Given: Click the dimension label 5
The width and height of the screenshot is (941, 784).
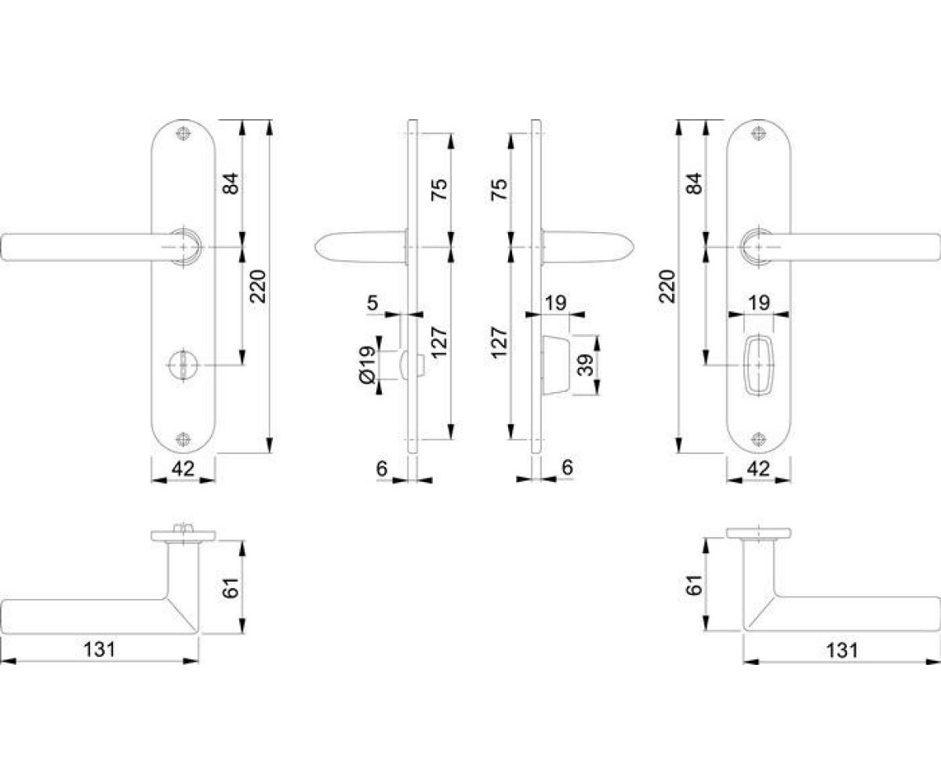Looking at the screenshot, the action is pyautogui.click(x=372, y=303).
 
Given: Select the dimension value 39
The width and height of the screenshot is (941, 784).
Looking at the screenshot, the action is pyautogui.click(x=586, y=365).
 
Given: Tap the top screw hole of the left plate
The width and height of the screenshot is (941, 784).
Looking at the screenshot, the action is pyautogui.click(x=183, y=133).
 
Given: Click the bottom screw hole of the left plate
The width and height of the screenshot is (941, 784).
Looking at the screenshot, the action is pyautogui.click(x=183, y=439).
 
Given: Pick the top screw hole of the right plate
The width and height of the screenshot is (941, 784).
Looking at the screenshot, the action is pyautogui.click(x=759, y=133).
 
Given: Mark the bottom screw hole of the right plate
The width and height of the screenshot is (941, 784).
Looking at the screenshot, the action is pyautogui.click(x=759, y=439).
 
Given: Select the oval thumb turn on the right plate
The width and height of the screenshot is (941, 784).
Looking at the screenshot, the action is pyautogui.click(x=759, y=365).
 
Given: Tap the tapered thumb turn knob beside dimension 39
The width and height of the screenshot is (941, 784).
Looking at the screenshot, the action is pyautogui.click(x=556, y=365).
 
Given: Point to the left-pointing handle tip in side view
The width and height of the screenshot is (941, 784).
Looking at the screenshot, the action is pyautogui.click(x=315, y=247).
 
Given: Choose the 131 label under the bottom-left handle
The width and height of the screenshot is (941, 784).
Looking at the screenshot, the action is pyautogui.click(x=100, y=649).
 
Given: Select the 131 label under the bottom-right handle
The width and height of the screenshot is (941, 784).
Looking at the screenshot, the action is pyautogui.click(x=842, y=650).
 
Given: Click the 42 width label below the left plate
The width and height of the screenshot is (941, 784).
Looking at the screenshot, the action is pyautogui.click(x=183, y=469).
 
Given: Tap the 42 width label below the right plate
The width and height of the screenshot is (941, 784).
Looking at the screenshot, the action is pyautogui.click(x=758, y=469).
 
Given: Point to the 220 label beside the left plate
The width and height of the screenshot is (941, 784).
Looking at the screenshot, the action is pyautogui.click(x=259, y=286).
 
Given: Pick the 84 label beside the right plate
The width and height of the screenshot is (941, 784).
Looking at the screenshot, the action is pyautogui.click(x=695, y=183).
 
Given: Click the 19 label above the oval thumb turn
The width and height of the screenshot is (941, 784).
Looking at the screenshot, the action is pyautogui.click(x=759, y=303).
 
